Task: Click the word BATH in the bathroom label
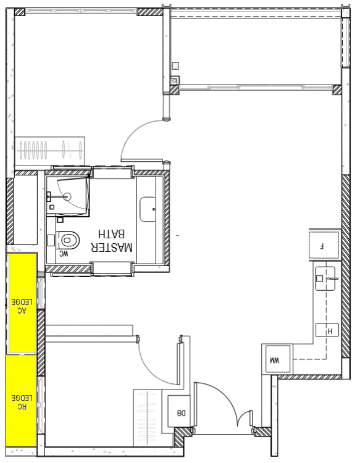[x=112, y=235]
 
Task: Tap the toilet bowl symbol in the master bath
[x=70, y=239]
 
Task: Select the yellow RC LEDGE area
[x=20, y=399]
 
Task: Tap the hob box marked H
[x=327, y=331]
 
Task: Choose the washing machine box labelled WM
[x=274, y=360]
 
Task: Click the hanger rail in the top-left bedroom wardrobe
[x=49, y=148]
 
